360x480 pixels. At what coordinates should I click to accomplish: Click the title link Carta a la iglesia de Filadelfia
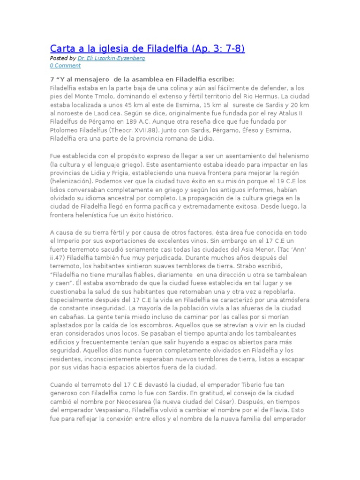coord(147,48)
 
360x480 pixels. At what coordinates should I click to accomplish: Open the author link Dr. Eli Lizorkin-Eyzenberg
coord(111,58)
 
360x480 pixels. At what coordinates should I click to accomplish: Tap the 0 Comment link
coord(65,66)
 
